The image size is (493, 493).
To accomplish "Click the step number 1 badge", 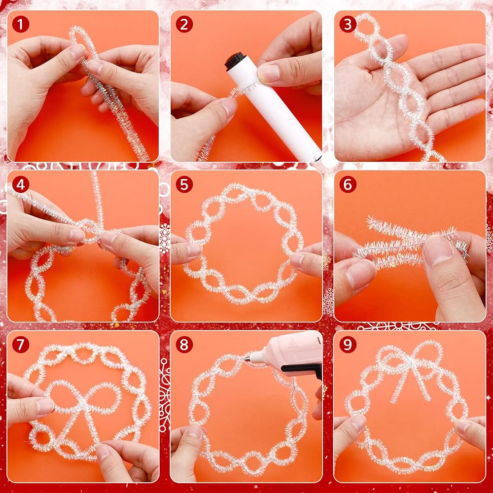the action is (x=21, y=25).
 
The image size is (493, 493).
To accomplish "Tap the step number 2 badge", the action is (x=184, y=25).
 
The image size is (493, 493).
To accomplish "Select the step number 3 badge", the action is (x=348, y=25).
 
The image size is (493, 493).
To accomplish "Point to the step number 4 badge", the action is (x=21, y=184).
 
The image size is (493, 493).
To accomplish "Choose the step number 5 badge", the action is (x=184, y=184).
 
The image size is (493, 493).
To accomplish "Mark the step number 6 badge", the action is (x=348, y=184).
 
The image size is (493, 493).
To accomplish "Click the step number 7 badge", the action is (x=21, y=345).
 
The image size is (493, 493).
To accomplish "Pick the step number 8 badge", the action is (x=184, y=345).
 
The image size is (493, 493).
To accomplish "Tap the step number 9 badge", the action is (x=348, y=345).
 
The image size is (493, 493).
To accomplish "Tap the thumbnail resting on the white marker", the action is (x=268, y=73).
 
